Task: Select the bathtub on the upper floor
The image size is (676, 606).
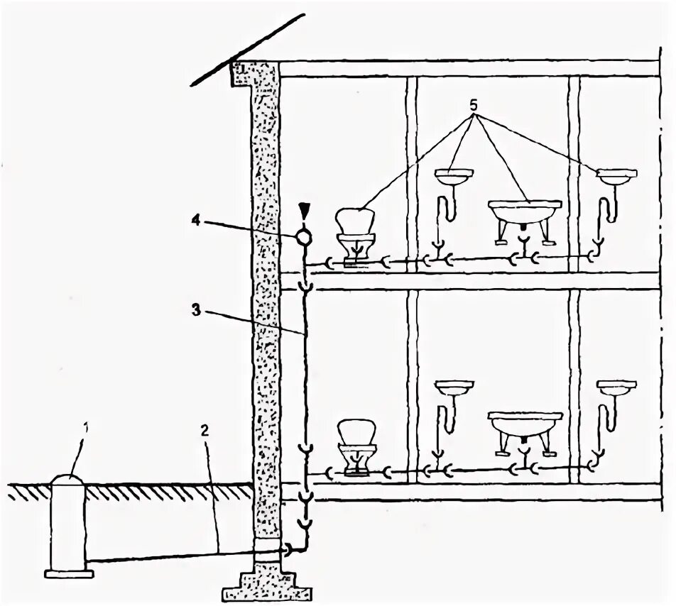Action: [x=524, y=213]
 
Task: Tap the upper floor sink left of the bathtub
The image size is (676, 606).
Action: [x=453, y=175]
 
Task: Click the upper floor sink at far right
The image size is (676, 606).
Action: [x=616, y=175]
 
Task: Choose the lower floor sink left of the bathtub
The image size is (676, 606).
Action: [x=453, y=388]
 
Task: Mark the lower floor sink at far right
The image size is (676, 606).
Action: [x=616, y=388]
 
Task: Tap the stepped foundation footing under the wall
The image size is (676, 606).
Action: [x=268, y=583]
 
